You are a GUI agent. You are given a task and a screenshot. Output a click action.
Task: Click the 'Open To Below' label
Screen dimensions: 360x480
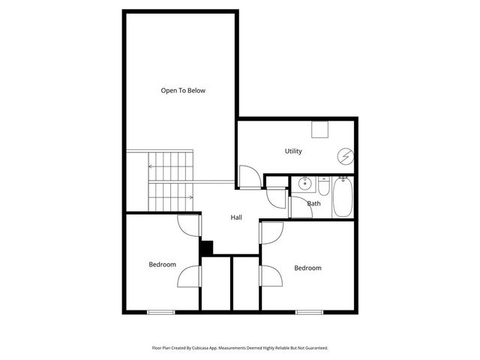[x=183, y=91]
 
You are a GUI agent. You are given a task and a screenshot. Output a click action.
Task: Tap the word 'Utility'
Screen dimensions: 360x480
[x=293, y=151]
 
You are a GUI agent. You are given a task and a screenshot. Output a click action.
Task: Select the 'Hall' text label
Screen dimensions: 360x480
[x=236, y=217]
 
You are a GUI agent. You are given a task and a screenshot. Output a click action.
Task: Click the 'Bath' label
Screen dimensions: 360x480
[x=313, y=203]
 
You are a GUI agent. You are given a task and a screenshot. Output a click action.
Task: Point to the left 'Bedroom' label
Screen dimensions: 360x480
[x=162, y=264]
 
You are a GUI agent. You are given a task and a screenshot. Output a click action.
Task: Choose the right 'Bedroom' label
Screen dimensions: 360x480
[x=307, y=268]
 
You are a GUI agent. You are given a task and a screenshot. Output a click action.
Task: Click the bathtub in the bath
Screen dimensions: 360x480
[x=343, y=196]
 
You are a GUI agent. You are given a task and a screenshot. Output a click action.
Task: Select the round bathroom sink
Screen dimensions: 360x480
[x=305, y=183]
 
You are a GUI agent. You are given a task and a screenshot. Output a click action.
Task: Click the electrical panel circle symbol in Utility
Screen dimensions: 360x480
[x=345, y=157]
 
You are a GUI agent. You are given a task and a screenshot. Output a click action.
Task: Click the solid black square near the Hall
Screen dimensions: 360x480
[x=206, y=247]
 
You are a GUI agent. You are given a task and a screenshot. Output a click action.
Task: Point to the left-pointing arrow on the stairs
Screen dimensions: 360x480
[x=153, y=166]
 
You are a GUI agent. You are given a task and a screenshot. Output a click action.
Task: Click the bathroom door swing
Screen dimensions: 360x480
[x=277, y=196]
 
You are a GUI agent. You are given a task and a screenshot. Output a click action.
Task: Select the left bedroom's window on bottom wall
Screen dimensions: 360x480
[x=160, y=311]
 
